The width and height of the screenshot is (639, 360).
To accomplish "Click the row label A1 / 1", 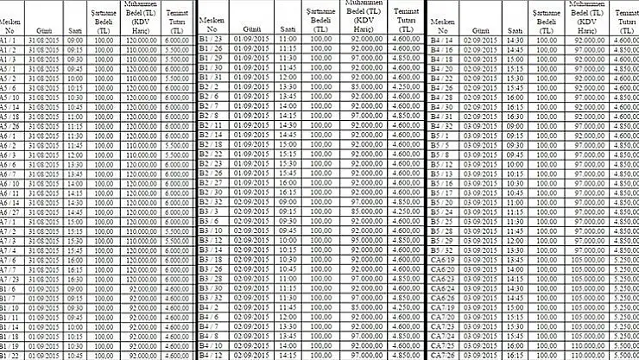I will click(x=9, y=40).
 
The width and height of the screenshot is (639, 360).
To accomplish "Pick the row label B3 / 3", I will click(x=209, y=212).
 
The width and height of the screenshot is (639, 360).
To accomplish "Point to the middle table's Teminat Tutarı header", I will click(x=400, y=19).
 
